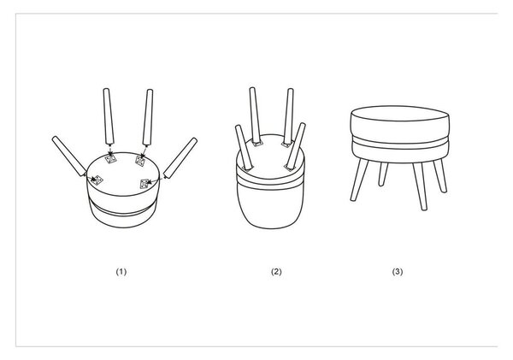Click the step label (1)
[x=121, y=272]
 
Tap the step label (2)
[x=276, y=272]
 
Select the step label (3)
[x=398, y=272]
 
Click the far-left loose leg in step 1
[x=69, y=156]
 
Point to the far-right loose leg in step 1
[x=180, y=157]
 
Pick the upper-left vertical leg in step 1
[x=109, y=116]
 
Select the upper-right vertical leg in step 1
[x=148, y=117]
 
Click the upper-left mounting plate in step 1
[x=110, y=159]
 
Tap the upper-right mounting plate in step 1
[x=140, y=161]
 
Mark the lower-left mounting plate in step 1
[x=97, y=180]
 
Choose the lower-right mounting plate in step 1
[x=144, y=184]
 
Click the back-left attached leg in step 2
[x=255, y=115]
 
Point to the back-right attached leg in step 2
[x=289, y=116]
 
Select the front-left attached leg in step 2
[x=244, y=147]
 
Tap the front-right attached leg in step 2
[x=296, y=146]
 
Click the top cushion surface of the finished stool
[x=400, y=113]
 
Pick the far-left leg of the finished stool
[x=359, y=180]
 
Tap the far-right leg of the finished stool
[x=439, y=176]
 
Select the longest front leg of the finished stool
[x=420, y=186]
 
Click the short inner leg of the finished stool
[x=383, y=174]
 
